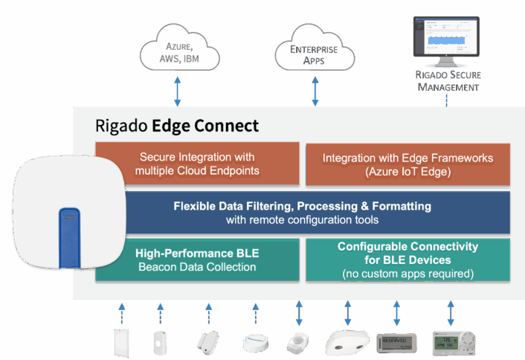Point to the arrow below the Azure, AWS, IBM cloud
pos(177,91)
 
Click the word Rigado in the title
pos(121,126)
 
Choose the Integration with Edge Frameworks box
pos(408,165)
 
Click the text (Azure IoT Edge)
pos(408,172)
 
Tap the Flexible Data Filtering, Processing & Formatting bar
pos(303,213)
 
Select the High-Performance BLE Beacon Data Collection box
pos(197,260)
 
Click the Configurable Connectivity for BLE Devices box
pos(408,260)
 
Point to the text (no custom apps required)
pos(408,274)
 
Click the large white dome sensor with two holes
pos(347,341)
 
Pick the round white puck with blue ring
pos(255,343)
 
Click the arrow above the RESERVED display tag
pos(396,312)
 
